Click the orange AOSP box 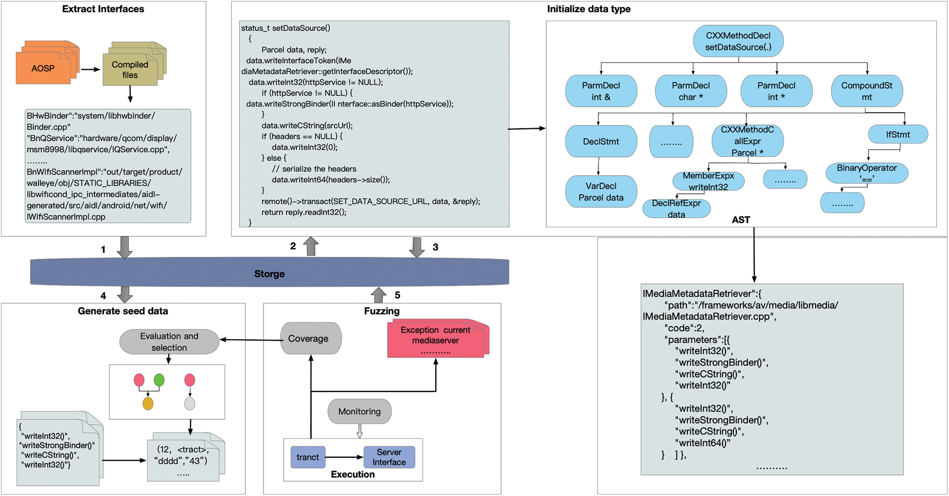43,68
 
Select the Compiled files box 130,70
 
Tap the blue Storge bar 269,273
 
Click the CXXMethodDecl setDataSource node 738,41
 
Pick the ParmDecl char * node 691,91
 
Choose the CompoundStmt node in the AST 866,91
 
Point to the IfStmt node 898,134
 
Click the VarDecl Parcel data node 601,192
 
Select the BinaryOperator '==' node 866,173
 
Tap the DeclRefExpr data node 677,209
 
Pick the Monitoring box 359,411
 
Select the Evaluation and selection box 169,341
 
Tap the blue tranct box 308,457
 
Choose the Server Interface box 389,457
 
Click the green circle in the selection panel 159,380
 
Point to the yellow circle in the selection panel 148,403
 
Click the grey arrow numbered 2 311,246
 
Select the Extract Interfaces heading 103,9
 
